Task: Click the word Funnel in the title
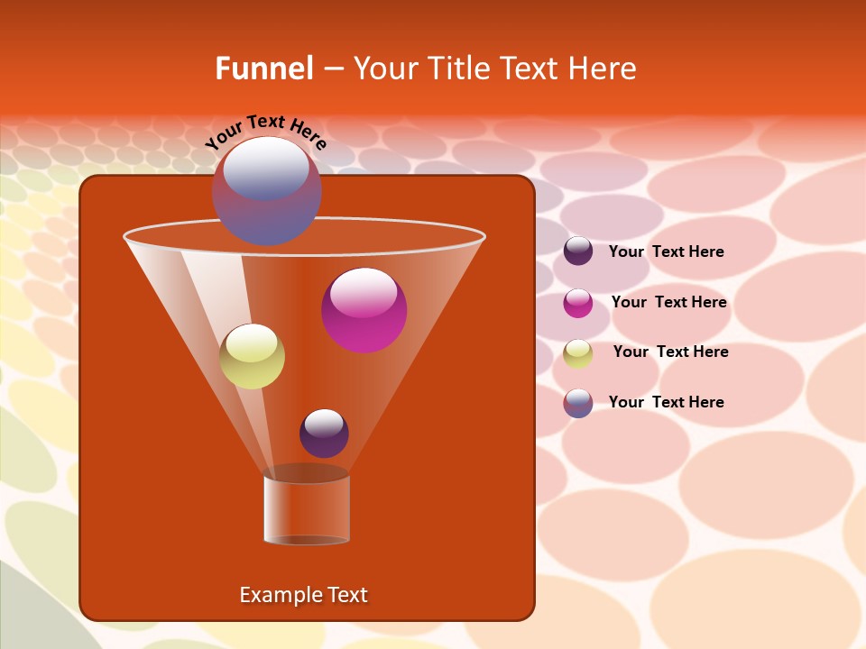tap(263, 69)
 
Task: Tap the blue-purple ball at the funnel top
tap(266, 191)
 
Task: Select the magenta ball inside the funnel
tap(364, 310)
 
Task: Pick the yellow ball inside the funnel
tap(252, 356)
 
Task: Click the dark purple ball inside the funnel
tap(324, 433)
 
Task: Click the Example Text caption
tap(303, 595)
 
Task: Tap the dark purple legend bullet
tap(578, 251)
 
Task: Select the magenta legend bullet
tap(578, 303)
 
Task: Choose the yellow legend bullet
tap(578, 353)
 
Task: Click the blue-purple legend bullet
tap(578, 403)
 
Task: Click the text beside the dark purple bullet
tap(666, 251)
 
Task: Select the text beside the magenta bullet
tap(668, 302)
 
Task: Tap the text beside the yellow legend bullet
tap(670, 352)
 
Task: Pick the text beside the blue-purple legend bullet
tap(666, 402)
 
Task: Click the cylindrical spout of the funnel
tap(307, 507)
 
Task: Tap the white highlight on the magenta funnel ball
tap(364, 292)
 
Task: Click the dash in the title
tap(332, 69)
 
